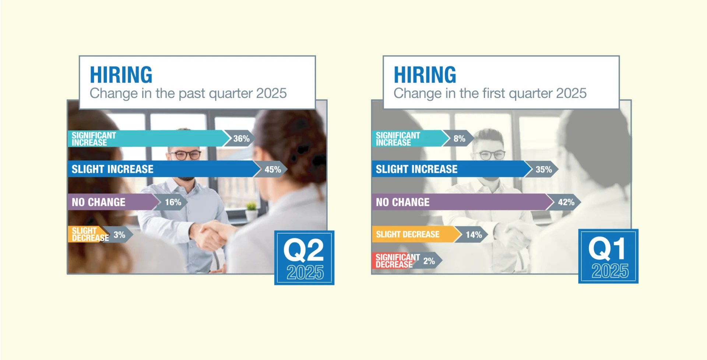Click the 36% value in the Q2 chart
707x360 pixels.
coord(241,139)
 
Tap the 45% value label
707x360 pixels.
coord(272,169)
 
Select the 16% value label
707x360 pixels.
coord(173,202)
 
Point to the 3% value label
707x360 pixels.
coord(119,235)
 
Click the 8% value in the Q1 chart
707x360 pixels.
coord(459,139)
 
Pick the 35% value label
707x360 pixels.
coord(544,169)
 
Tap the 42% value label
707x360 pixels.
coord(566,202)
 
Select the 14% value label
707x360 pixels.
coord(474,235)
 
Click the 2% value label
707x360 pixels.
coord(429,261)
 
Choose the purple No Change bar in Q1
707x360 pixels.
coord(460,202)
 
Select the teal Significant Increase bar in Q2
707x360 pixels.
coord(147,139)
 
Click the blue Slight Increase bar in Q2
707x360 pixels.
coord(162,169)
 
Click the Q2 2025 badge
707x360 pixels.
coord(304,258)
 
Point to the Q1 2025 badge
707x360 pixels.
coord(608,256)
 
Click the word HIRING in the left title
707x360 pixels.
coord(121,75)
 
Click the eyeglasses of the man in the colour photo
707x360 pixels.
coord(185,155)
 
